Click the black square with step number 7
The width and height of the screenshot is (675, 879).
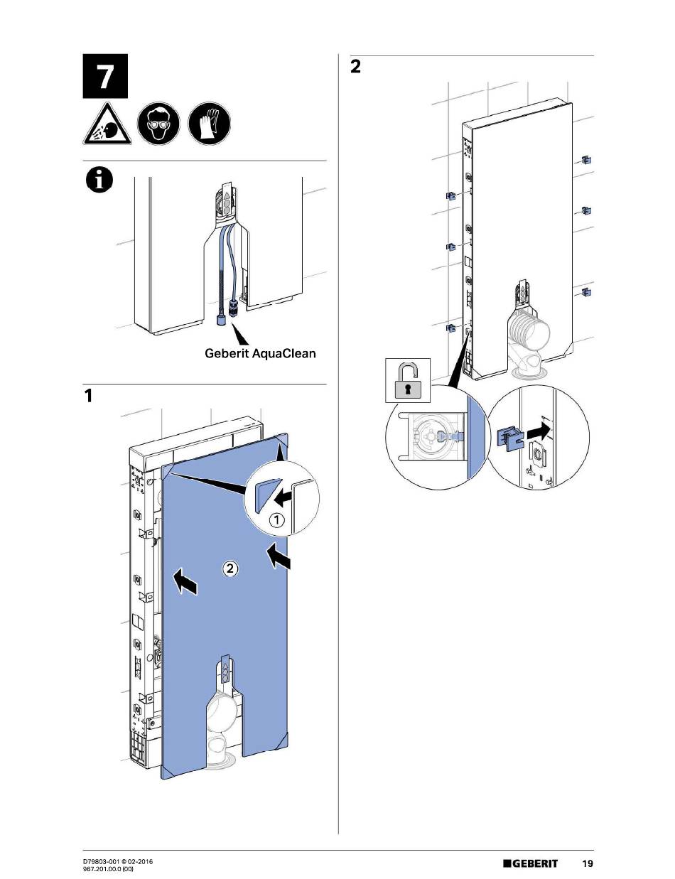tap(104, 75)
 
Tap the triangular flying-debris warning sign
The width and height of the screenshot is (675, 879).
tap(105, 127)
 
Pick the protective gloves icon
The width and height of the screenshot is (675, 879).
tap(210, 124)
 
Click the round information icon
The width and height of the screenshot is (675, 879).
tap(99, 182)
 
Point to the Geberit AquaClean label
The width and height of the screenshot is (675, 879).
tap(259, 352)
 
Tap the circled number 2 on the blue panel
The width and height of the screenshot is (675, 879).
tap(229, 568)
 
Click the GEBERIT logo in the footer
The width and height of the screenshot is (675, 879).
tap(531, 864)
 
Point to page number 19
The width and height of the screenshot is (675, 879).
tap(587, 864)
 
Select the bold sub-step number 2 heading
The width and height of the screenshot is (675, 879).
tap(356, 68)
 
